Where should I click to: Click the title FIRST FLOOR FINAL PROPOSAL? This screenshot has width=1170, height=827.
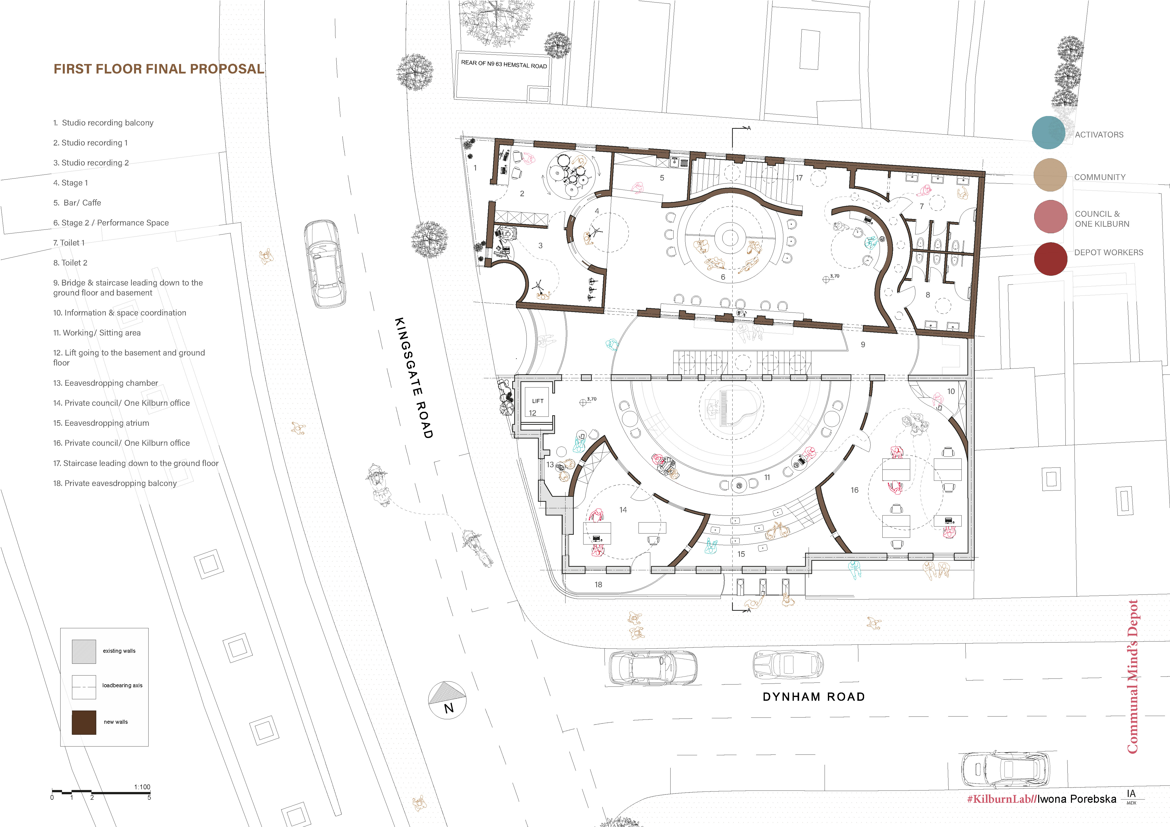(x=159, y=69)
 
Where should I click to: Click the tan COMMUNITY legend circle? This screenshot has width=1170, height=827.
(x=1050, y=175)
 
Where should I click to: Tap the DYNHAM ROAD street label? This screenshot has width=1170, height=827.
(x=814, y=697)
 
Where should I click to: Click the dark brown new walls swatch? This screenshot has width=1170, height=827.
(x=84, y=722)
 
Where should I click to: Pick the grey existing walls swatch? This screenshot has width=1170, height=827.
(x=84, y=652)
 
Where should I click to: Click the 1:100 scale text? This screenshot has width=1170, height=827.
(x=142, y=787)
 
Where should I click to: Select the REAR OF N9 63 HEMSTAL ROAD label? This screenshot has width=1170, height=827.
(x=504, y=64)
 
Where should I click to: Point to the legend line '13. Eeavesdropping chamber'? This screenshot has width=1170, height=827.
(x=106, y=383)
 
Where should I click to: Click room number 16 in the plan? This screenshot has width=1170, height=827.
(x=855, y=490)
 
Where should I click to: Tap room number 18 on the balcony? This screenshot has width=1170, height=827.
(x=598, y=584)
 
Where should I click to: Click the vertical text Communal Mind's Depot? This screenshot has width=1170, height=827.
(x=1132, y=677)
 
